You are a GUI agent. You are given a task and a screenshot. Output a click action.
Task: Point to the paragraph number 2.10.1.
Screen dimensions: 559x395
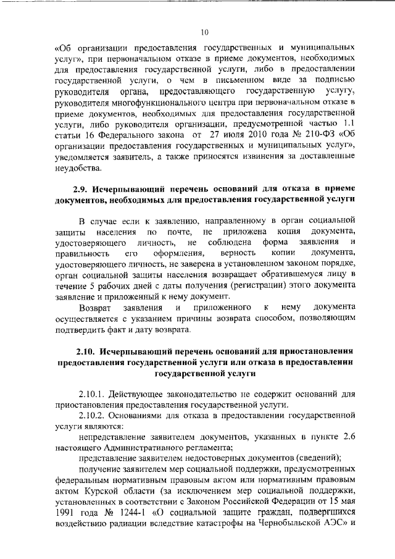(94, 393)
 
